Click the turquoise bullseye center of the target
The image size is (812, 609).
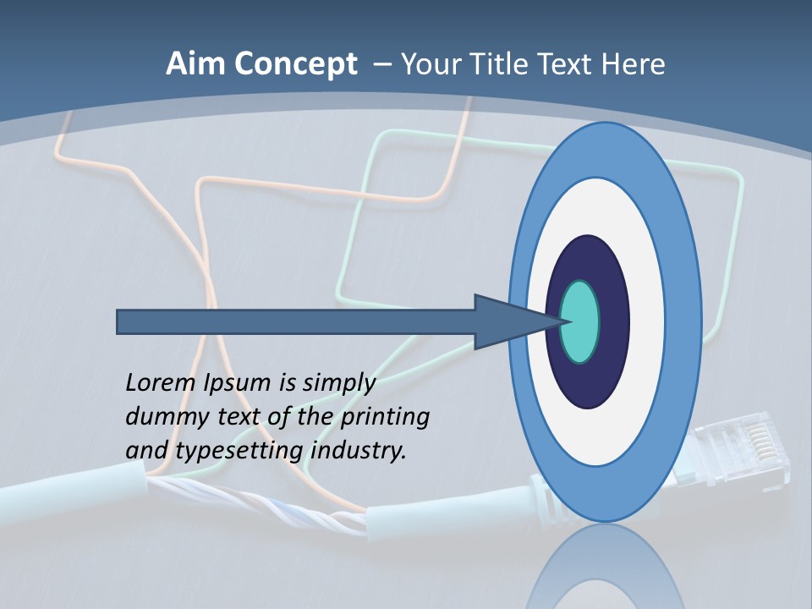coord(580,321)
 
